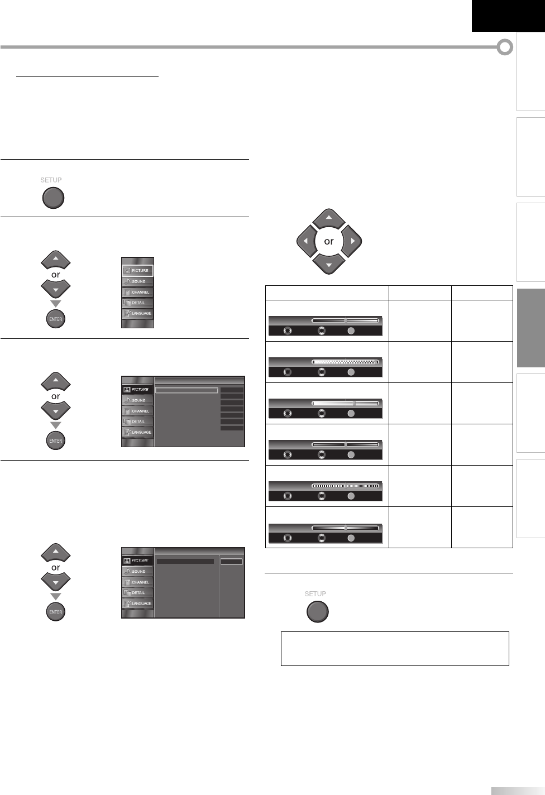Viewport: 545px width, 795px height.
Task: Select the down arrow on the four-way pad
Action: (x=329, y=264)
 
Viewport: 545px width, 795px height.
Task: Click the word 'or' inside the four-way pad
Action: (x=329, y=241)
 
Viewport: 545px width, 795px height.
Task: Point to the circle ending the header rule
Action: (x=505, y=47)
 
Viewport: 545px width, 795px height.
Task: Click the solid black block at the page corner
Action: (x=508, y=16)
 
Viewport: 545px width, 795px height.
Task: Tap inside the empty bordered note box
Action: (x=395, y=648)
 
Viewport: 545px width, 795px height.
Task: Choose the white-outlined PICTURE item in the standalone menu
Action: (x=137, y=271)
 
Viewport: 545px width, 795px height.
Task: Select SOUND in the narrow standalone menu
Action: (x=137, y=281)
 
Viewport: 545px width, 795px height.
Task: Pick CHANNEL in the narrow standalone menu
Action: (x=137, y=292)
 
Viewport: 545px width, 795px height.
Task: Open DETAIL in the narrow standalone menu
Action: (x=137, y=303)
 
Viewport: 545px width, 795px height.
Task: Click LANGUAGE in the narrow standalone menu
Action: (x=137, y=313)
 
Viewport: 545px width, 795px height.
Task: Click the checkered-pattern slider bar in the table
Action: (x=345, y=361)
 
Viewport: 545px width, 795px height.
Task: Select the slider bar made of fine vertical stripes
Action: (x=345, y=485)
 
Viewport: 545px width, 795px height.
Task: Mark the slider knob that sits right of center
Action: (x=355, y=403)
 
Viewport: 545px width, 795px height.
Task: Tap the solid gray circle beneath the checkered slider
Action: (x=351, y=372)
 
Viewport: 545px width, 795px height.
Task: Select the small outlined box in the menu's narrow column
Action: (x=232, y=562)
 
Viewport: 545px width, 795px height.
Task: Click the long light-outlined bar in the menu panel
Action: (x=186, y=390)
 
